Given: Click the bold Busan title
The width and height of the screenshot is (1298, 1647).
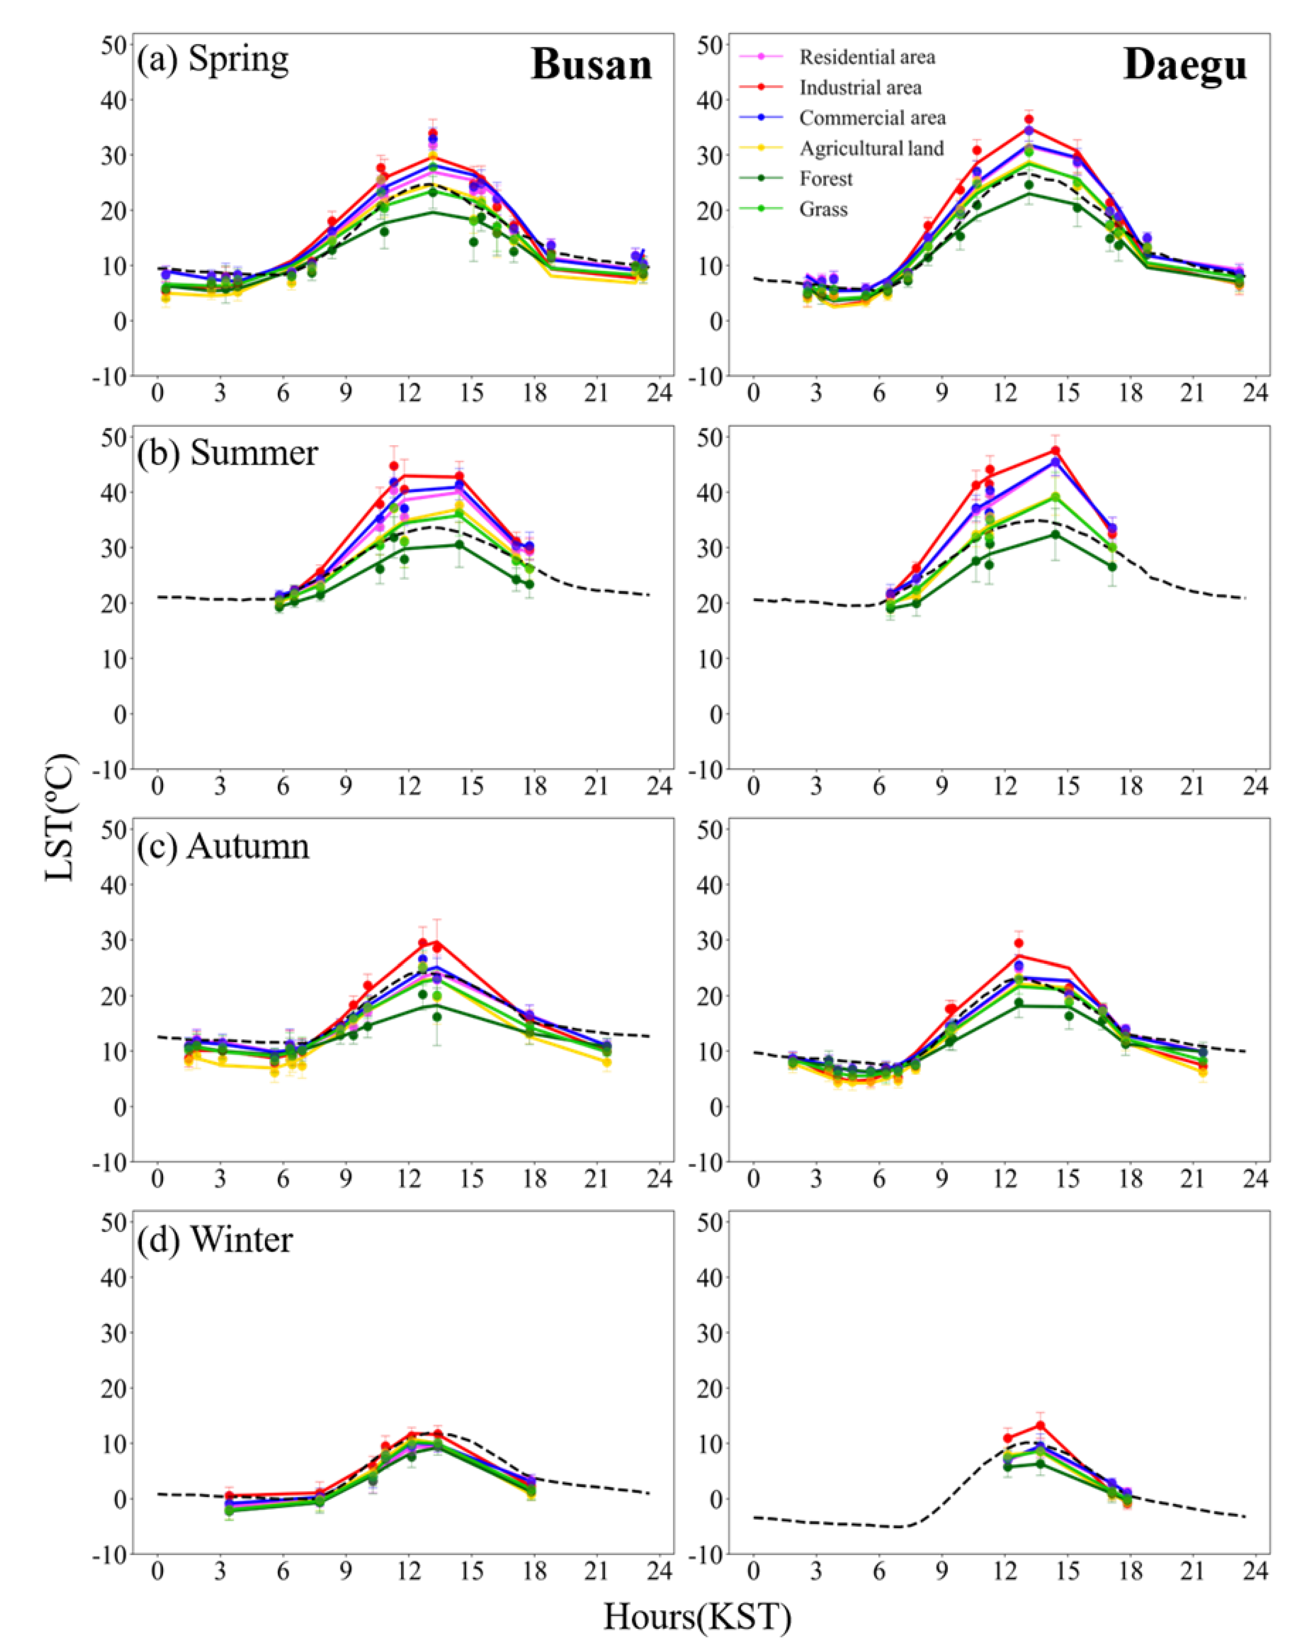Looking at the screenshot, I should click(591, 65).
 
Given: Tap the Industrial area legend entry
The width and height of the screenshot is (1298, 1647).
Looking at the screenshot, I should click(860, 87).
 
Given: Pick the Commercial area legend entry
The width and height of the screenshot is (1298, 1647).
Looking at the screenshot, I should click(872, 118).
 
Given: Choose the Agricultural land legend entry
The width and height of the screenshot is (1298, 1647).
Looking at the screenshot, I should click(871, 148).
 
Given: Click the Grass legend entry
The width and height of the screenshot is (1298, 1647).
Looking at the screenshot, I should click(823, 209).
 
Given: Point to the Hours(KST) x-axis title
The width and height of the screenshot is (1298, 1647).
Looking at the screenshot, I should click(697, 1616).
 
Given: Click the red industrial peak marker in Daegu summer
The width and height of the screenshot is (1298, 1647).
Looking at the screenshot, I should click(1055, 451).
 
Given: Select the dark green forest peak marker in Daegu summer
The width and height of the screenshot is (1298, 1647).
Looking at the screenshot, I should click(1055, 534).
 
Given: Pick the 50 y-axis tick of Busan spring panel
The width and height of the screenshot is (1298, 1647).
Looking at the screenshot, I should click(112, 44).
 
